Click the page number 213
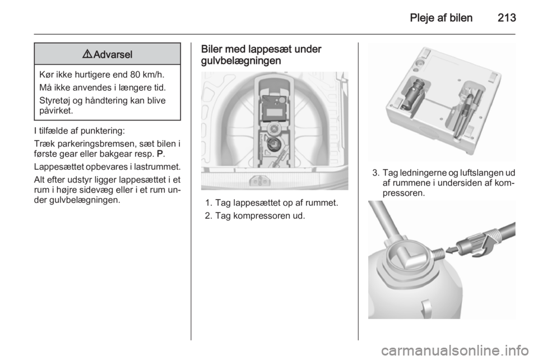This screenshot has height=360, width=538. tap(507, 17)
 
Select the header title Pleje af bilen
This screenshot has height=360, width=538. tap(441, 17)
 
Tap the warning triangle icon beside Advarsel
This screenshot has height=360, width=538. tap(87, 54)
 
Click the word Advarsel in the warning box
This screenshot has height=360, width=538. tap(113, 54)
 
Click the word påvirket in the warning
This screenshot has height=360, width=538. tap(55, 111)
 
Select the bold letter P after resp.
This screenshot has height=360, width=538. tap(160, 154)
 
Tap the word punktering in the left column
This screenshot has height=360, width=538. tap(103, 131)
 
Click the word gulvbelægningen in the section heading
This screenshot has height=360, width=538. tap(241, 61)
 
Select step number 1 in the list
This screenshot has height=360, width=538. tap(207, 203)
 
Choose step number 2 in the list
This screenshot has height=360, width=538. tap(207, 216)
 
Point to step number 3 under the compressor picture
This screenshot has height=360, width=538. tap(375, 173)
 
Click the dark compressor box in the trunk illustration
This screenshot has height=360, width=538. tap(274, 107)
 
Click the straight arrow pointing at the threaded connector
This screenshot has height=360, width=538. tap(453, 251)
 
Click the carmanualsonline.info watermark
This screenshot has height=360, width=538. tap(455, 350)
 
